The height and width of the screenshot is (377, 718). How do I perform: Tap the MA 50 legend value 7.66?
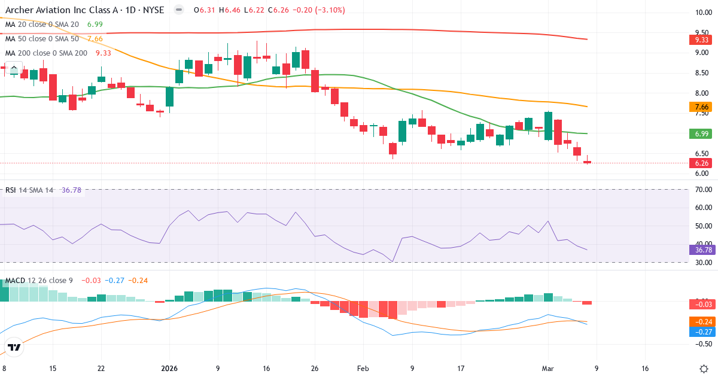click(x=95, y=38)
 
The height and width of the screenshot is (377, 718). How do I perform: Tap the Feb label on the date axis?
click(x=363, y=369)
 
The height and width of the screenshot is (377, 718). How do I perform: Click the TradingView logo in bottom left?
click(x=14, y=347)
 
